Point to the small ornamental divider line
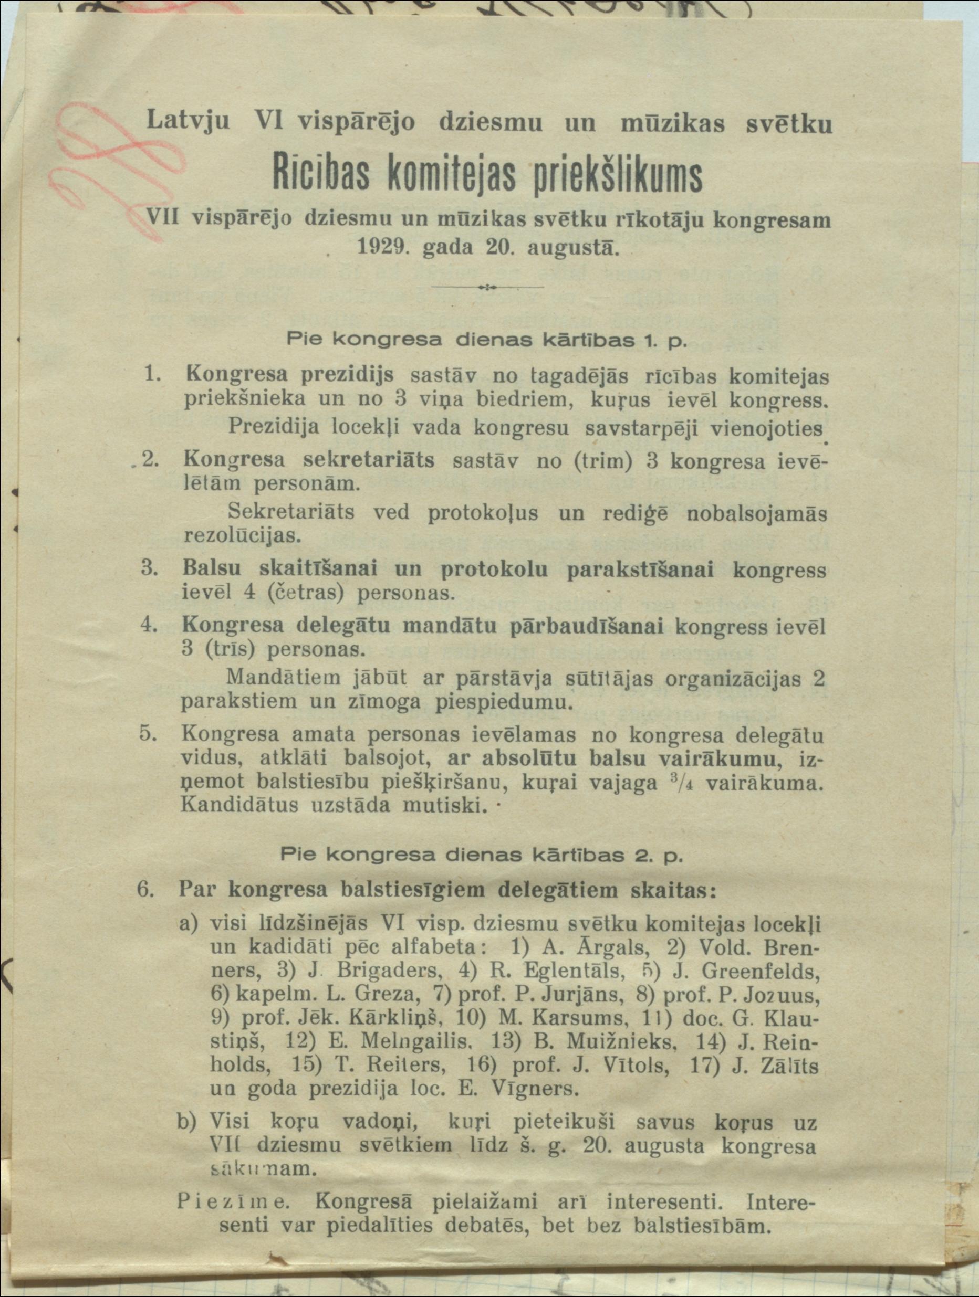click(x=487, y=287)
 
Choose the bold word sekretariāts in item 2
click(x=368, y=460)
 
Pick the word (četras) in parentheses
click(x=305, y=593)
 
